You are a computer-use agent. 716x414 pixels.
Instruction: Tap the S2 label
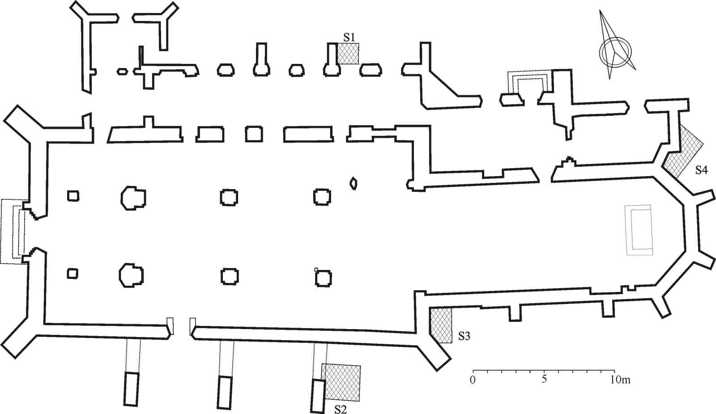[x=341, y=408]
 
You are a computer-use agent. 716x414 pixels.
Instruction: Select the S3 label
[x=464, y=336]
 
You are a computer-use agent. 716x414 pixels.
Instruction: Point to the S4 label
[x=701, y=170]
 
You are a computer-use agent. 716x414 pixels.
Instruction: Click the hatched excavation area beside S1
[x=348, y=54]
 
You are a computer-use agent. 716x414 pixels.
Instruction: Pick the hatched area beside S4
[x=682, y=152]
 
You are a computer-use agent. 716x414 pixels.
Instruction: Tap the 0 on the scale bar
[x=473, y=380]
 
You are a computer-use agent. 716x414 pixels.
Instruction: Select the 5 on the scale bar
[x=544, y=380]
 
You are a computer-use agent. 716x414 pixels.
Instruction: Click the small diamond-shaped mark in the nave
[x=354, y=183]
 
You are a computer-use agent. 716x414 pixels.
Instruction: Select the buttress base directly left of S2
[x=318, y=396]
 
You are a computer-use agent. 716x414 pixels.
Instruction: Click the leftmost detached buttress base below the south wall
[x=131, y=389]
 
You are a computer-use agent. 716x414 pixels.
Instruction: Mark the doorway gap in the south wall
[x=182, y=329]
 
